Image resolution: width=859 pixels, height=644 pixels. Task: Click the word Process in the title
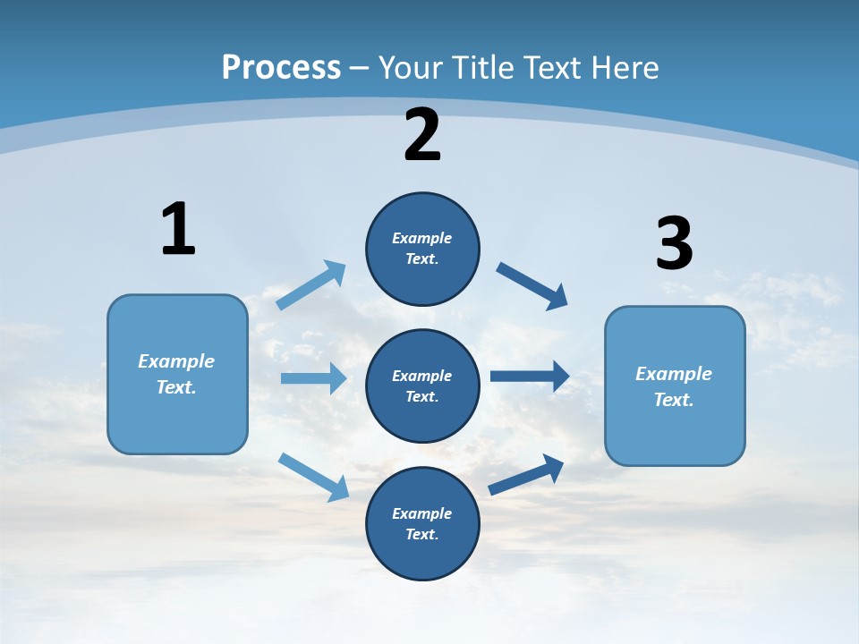coord(281,67)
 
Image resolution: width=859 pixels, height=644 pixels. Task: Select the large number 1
coord(178,229)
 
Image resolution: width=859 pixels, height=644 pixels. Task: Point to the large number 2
coord(422,135)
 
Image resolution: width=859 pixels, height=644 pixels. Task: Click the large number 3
coord(674,244)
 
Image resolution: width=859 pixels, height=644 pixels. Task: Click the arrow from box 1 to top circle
coord(311,285)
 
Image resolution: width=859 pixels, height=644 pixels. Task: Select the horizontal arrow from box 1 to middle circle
coord(313,378)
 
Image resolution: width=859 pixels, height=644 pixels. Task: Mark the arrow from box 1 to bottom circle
coord(313,477)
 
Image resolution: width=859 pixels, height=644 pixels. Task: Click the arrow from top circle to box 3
coord(532,285)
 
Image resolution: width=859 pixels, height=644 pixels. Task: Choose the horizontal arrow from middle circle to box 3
coord(530,376)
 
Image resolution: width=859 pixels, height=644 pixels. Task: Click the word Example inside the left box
coord(176,361)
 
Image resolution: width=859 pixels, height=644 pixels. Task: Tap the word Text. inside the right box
coord(674,400)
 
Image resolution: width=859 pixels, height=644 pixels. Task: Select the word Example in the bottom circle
coord(422,513)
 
